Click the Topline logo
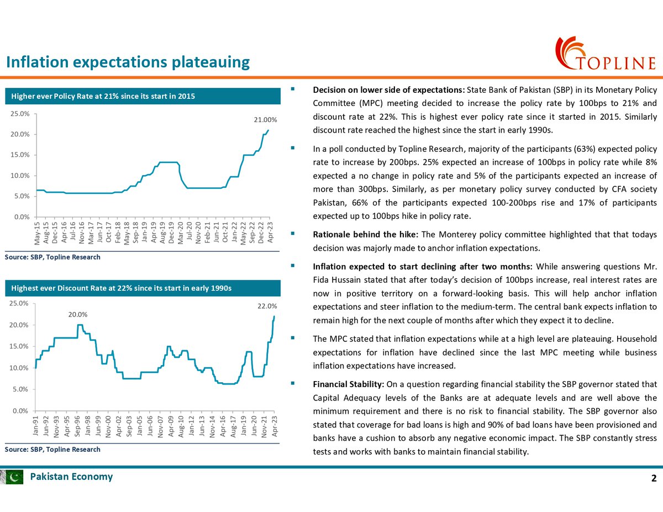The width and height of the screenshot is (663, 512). coord(604,54)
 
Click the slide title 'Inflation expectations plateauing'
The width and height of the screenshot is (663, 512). coord(128,62)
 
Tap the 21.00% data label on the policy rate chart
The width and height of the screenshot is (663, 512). coord(265,120)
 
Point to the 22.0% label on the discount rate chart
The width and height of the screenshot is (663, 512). coord(267,306)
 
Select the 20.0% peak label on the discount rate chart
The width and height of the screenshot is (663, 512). coord(78,315)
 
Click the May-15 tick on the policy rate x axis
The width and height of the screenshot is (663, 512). coord(37,233)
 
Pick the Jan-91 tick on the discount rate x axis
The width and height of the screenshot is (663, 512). coord(36,425)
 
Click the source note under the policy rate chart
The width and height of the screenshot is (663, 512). coord(53,257)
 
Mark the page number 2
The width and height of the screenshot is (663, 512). coord(654,478)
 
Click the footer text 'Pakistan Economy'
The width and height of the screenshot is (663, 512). coord(71,477)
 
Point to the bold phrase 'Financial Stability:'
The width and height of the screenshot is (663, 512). coord(349,384)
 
